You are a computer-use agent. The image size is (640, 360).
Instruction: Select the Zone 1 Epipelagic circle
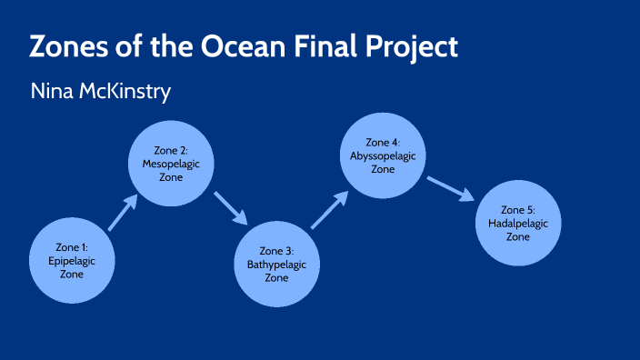72,260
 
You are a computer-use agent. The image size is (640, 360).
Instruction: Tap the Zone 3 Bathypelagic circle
276,264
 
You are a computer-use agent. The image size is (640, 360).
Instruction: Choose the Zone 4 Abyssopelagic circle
383,155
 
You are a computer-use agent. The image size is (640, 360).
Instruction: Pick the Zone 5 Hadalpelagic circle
517,223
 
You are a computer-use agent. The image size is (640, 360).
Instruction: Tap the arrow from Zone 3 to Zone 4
330,208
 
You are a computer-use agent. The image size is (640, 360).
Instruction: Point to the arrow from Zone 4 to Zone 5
450,189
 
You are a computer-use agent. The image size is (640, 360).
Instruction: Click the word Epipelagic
72,260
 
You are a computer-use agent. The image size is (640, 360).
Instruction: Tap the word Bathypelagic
276,265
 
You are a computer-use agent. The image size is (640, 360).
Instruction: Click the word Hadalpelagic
517,224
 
